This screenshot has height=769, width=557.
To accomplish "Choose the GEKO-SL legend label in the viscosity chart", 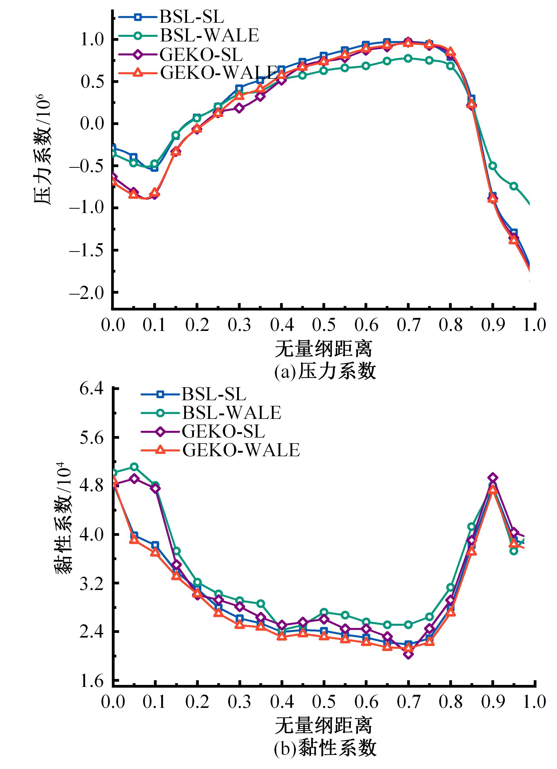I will pos(223,431).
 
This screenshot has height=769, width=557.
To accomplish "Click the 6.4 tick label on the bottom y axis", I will pos(91,388).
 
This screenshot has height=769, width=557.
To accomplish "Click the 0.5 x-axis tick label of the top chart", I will pos(323,325).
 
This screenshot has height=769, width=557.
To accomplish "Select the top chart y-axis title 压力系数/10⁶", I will pos(43,149).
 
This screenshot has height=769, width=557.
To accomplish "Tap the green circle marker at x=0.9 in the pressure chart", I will pos(493,166).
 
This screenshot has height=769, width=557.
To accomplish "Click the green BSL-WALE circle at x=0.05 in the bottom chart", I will pos(134,466).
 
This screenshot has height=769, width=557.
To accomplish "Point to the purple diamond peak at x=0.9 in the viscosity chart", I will pos(493,478).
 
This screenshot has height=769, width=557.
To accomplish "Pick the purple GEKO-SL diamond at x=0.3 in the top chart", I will pos(239,108).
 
